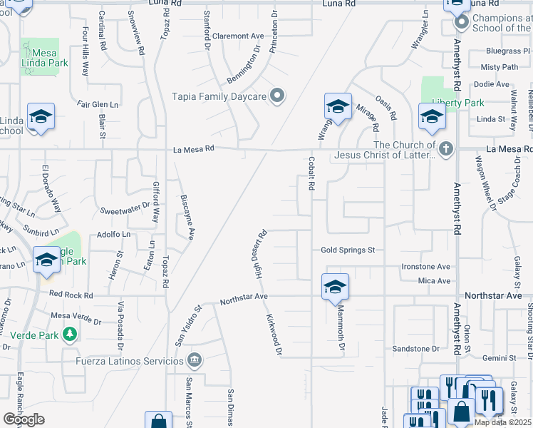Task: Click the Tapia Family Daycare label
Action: pyautogui.click(x=218, y=96)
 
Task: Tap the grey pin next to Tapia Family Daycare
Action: pyautogui.click(x=279, y=96)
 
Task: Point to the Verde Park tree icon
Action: pyautogui.click(x=70, y=334)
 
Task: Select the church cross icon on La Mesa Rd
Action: pyautogui.click(x=446, y=149)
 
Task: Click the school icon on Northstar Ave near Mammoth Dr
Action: pyautogui.click(x=335, y=287)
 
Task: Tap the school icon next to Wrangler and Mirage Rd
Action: pyautogui.click(x=338, y=107)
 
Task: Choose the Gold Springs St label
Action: pyautogui.click(x=348, y=250)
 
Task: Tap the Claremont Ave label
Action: pyautogui.click(x=238, y=36)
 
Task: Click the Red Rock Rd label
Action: pyautogui.click(x=71, y=295)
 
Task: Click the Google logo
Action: pyautogui.click(x=24, y=419)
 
